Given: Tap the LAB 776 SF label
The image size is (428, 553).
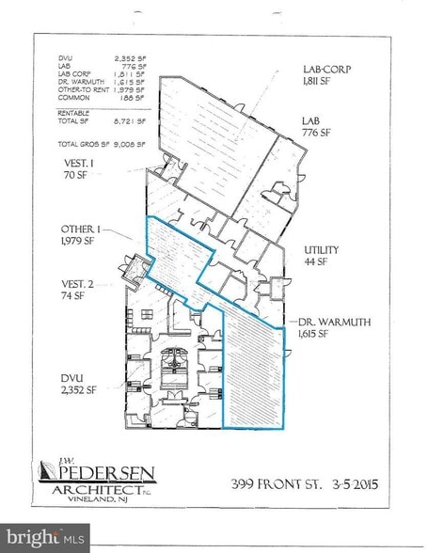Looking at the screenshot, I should pos(314,127).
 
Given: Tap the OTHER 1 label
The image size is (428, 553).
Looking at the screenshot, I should pos(77,229).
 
